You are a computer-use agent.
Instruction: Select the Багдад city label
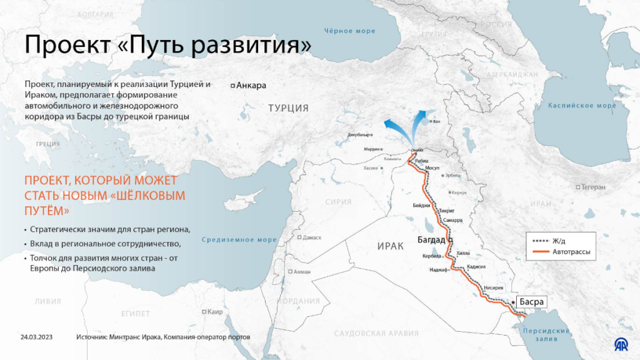(x=431, y=240)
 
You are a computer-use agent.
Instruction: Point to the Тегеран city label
(x=593, y=187)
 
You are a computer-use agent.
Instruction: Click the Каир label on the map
(x=216, y=312)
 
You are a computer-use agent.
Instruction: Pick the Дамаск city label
(x=312, y=237)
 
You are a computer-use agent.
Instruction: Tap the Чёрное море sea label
(x=350, y=31)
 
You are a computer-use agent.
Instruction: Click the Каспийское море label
(x=582, y=106)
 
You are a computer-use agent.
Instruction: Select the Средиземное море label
(x=240, y=239)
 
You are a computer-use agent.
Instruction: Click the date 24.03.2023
(x=36, y=337)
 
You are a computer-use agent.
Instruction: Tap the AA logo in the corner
(x=621, y=344)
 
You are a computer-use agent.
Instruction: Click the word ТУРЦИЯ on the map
(x=289, y=108)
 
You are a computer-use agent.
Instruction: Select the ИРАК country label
(x=391, y=246)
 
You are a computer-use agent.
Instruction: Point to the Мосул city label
(x=432, y=168)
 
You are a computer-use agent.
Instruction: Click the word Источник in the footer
(x=91, y=337)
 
